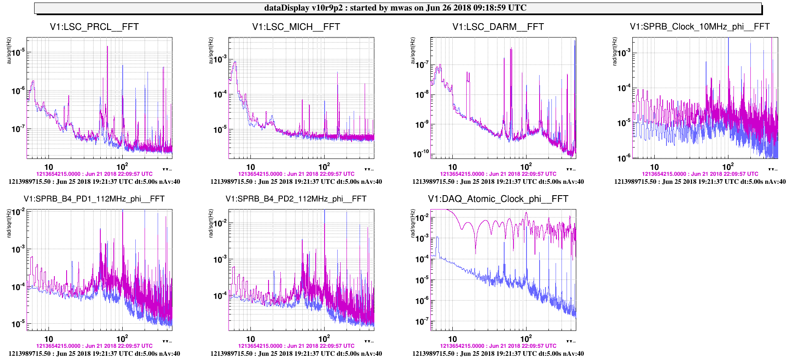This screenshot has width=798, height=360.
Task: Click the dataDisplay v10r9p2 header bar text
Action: click(395, 8)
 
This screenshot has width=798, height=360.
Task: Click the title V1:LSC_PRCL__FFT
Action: click(94, 27)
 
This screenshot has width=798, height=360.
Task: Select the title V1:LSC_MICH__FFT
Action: click(296, 27)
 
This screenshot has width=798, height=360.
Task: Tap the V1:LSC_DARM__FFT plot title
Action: click(498, 27)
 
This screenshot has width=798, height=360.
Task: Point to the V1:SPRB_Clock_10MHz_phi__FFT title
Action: click(699, 27)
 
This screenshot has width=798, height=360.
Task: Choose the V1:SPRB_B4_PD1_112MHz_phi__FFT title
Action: click(94, 199)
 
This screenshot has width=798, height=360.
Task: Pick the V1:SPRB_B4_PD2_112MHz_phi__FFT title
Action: click(296, 199)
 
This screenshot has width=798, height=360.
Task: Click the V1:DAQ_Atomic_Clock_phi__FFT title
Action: click(498, 199)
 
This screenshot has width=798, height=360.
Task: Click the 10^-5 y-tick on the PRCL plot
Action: click(18, 53)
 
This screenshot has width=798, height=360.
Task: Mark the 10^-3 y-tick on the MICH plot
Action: click(220, 59)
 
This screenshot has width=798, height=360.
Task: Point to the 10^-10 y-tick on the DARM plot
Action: click(420, 154)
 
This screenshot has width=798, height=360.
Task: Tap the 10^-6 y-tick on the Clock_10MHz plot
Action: click(623, 158)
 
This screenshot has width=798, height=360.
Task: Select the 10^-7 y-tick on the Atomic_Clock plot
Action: click(422, 322)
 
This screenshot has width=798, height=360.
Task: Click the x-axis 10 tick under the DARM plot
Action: click(452, 167)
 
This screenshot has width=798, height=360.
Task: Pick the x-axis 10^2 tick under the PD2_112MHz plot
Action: click(324, 339)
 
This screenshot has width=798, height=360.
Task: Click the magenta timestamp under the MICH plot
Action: click(296, 174)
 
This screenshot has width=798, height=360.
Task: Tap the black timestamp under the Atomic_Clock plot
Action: click(498, 354)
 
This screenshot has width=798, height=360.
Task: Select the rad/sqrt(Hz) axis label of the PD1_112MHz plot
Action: click(9, 223)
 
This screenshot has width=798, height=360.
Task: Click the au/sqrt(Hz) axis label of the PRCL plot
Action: click(9, 51)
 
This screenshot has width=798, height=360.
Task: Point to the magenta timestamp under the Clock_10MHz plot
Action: click(700, 174)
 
